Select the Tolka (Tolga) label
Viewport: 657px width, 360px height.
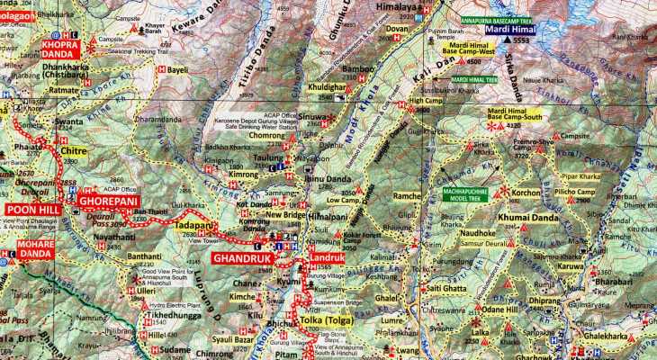click(323, 320)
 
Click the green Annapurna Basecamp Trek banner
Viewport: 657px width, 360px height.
click(471, 19)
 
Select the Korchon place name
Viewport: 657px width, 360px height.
click(526, 193)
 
